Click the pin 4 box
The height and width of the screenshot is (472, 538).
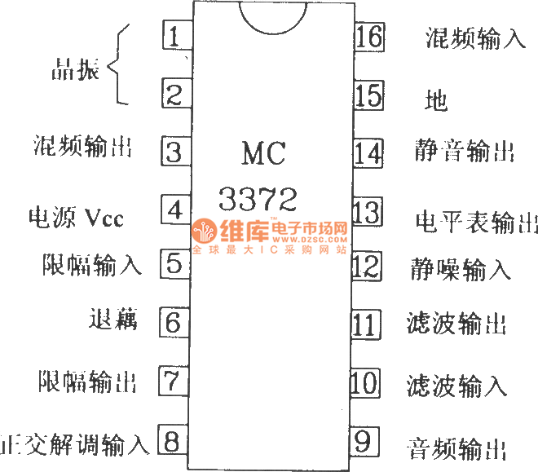tap(174, 210)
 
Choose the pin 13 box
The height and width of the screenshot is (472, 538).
tap(367, 214)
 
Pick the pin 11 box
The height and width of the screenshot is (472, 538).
tap(366, 324)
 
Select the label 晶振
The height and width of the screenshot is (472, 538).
tap(75, 71)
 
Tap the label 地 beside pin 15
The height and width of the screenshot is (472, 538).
tap(437, 100)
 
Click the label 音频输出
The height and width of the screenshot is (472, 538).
tap(456, 448)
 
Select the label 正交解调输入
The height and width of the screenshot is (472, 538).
tap(75, 444)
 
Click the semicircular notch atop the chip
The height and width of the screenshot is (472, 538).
tap(271, 18)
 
